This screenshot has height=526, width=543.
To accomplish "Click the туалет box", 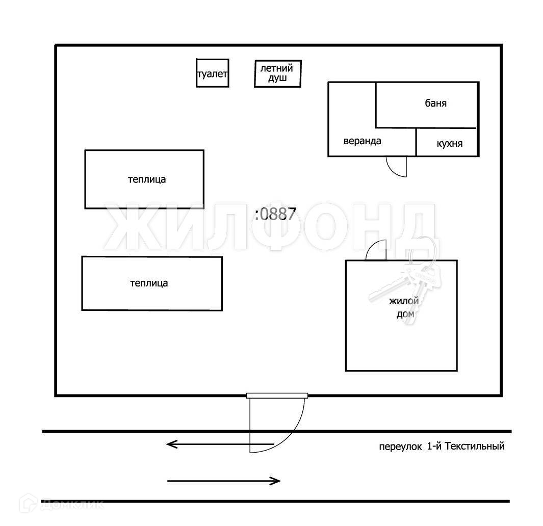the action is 212,73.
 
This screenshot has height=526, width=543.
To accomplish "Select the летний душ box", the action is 277,73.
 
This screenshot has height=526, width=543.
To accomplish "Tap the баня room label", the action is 435,103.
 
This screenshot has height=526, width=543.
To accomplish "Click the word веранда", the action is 362,141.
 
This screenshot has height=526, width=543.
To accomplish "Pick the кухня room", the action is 449,143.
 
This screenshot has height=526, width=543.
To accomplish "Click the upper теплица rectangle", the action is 144,179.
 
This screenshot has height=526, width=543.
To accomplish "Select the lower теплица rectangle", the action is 151,283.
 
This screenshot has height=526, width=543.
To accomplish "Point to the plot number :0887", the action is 275,214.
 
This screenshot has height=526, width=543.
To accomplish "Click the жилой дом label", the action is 404,308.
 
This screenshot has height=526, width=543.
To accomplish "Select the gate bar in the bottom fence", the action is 277,395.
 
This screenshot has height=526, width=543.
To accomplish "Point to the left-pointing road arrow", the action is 219,444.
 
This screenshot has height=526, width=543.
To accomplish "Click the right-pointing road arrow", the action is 224,480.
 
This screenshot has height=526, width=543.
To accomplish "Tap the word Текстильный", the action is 475,446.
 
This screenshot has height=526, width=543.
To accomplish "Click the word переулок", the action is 400,447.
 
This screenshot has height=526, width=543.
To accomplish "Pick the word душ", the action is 278,78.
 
